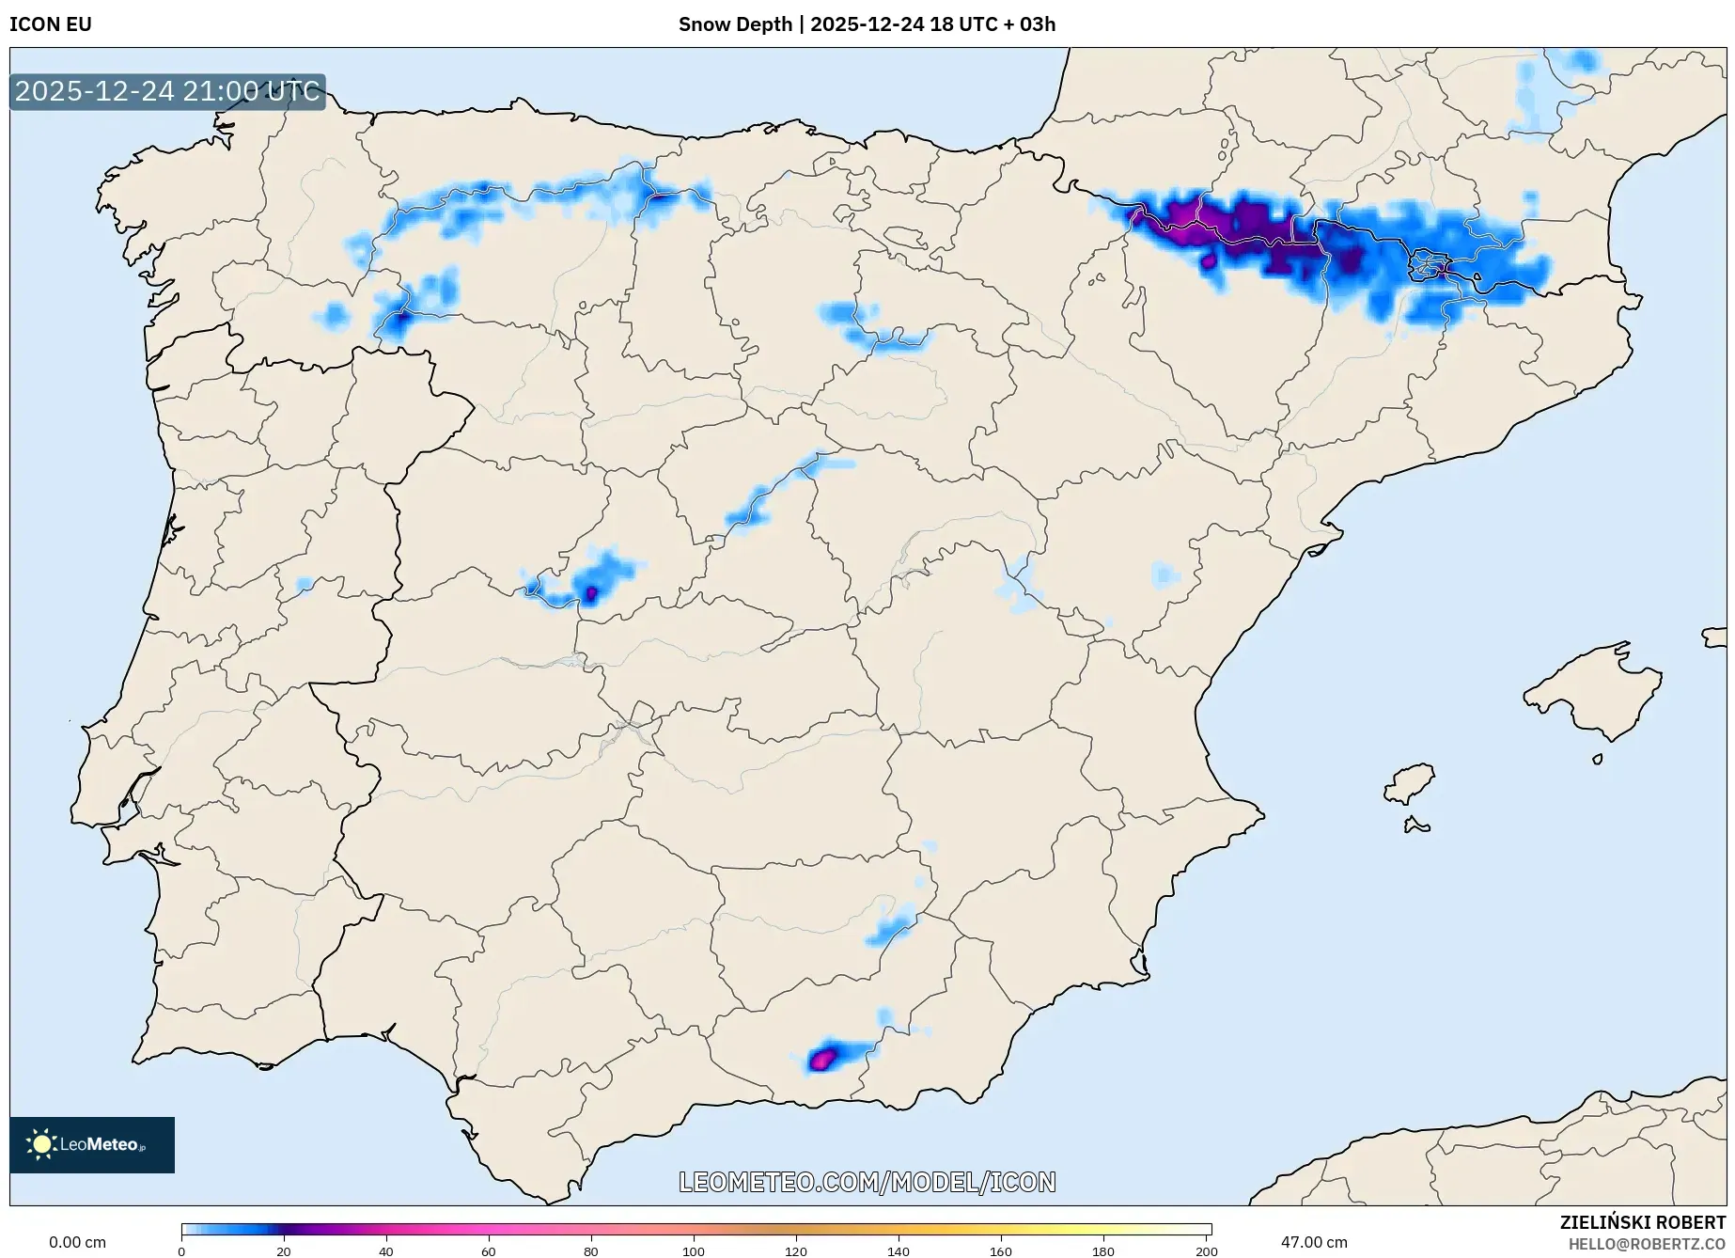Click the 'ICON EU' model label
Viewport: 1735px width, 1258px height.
pyautogui.click(x=51, y=24)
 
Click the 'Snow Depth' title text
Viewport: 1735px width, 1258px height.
pyautogui.click(x=735, y=24)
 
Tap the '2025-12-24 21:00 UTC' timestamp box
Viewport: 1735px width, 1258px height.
pyautogui.click(x=167, y=92)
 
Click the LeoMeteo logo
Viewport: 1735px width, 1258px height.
pyautogui.click(x=92, y=1144)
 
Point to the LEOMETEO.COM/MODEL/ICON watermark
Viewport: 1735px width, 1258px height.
pyautogui.click(x=867, y=1182)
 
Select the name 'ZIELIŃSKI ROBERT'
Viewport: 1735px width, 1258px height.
pyautogui.click(x=1642, y=1222)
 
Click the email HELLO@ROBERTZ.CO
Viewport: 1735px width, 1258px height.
pyautogui.click(x=1647, y=1244)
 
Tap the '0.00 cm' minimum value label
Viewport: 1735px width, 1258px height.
pyautogui.click(x=77, y=1242)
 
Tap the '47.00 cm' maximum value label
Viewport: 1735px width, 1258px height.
pyautogui.click(x=1314, y=1242)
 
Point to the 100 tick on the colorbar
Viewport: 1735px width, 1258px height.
pyautogui.click(x=694, y=1250)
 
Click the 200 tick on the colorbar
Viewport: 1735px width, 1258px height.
pyautogui.click(x=1206, y=1250)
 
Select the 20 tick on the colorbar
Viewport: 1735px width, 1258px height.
pyautogui.click(x=284, y=1250)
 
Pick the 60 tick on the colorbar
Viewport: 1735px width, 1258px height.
pyautogui.click(x=489, y=1250)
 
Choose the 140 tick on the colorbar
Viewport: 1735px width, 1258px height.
pyautogui.click(x=899, y=1250)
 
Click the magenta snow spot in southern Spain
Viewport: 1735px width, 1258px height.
pyautogui.click(x=822, y=1060)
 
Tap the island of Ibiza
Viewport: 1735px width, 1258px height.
pyautogui.click(x=1410, y=783)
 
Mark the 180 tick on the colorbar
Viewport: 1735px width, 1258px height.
pyautogui.click(x=1103, y=1250)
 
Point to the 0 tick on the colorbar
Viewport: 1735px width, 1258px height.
pyautogui.click(x=181, y=1250)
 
